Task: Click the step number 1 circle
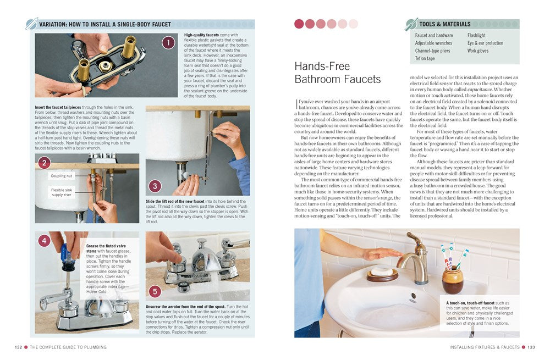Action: click(x=168, y=42)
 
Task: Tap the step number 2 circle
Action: click(x=45, y=162)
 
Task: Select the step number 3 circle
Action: click(x=156, y=186)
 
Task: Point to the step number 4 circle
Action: click(x=45, y=241)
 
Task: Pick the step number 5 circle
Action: click(x=156, y=291)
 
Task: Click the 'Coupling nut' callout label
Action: click(x=61, y=176)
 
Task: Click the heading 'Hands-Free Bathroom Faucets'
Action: click(x=337, y=73)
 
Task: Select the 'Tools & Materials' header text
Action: click(x=445, y=24)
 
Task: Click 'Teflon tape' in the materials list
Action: click(x=425, y=58)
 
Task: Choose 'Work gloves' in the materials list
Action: click(x=478, y=51)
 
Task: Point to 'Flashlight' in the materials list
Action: click(x=476, y=36)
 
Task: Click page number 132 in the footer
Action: click(x=18, y=347)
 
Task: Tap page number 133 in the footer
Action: click(x=531, y=347)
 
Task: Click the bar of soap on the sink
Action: click(x=381, y=271)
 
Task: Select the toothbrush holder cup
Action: click(x=452, y=281)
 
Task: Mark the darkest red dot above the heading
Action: click(x=299, y=24)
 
